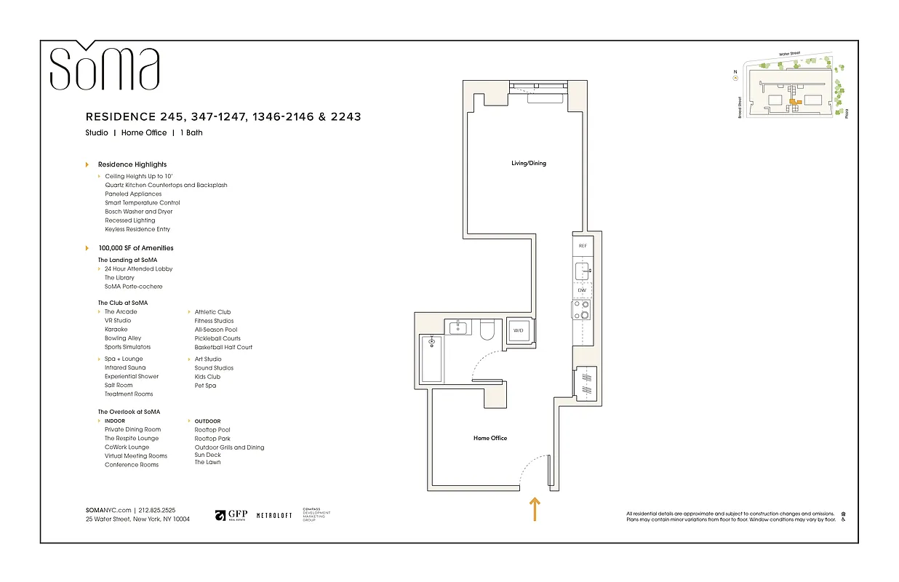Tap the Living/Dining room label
tap(528, 163)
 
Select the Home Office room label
tap(490, 438)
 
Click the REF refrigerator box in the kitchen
tap(582, 247)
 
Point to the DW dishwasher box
tap(582, 290)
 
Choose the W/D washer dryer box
tap(519, 330)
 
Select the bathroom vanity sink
tap(458, 327)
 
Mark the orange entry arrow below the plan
tap(535, 509)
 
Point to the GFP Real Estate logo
tap(231, 515)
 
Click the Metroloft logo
tap(274, 515)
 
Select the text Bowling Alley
tap(123, 338)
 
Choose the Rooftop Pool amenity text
tap(212, 430)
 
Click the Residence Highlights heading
tap(132, 164)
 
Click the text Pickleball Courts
tap(217, 338)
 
